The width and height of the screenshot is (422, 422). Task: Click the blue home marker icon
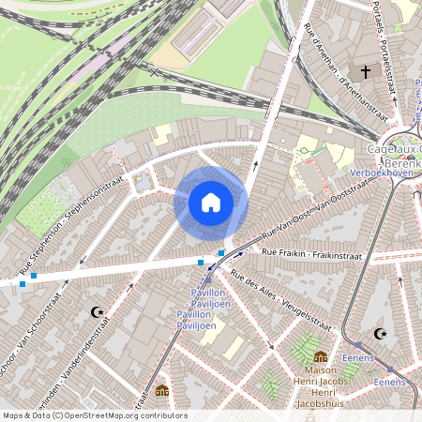pyautogui.click(x=211, y=203)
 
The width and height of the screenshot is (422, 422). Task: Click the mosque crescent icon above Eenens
pyautogui.click(x=380, y=333)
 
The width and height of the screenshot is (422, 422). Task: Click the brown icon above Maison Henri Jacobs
pyautogui.click(x=321, y=356)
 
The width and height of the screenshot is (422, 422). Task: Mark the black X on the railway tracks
pyautogui.click(x=154, y=71)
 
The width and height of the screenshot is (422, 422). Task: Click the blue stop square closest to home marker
pyautogui.click(x=221, y=252)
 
